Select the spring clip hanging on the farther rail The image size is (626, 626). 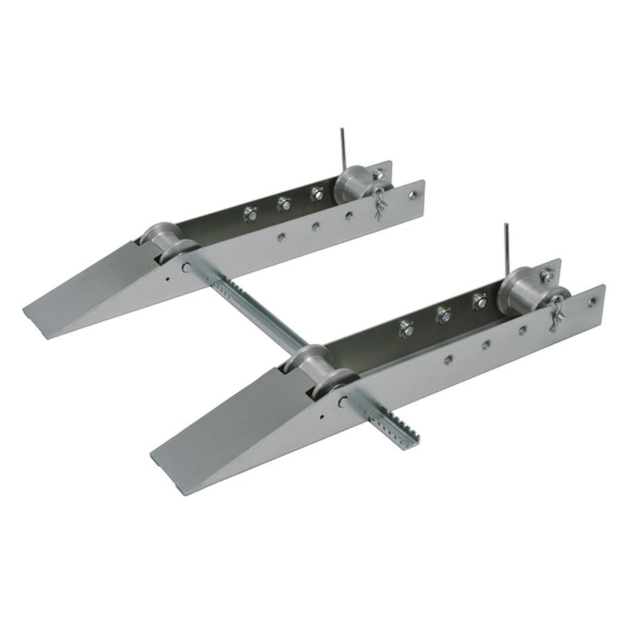coord(381,203)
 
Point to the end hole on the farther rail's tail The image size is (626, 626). coord(413,196)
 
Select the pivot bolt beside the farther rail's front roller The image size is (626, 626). coord(187,267)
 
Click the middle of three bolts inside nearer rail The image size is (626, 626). coord(444,315)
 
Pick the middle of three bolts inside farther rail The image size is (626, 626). coord(284,203)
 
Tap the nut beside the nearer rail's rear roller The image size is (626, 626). coord(547,275)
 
